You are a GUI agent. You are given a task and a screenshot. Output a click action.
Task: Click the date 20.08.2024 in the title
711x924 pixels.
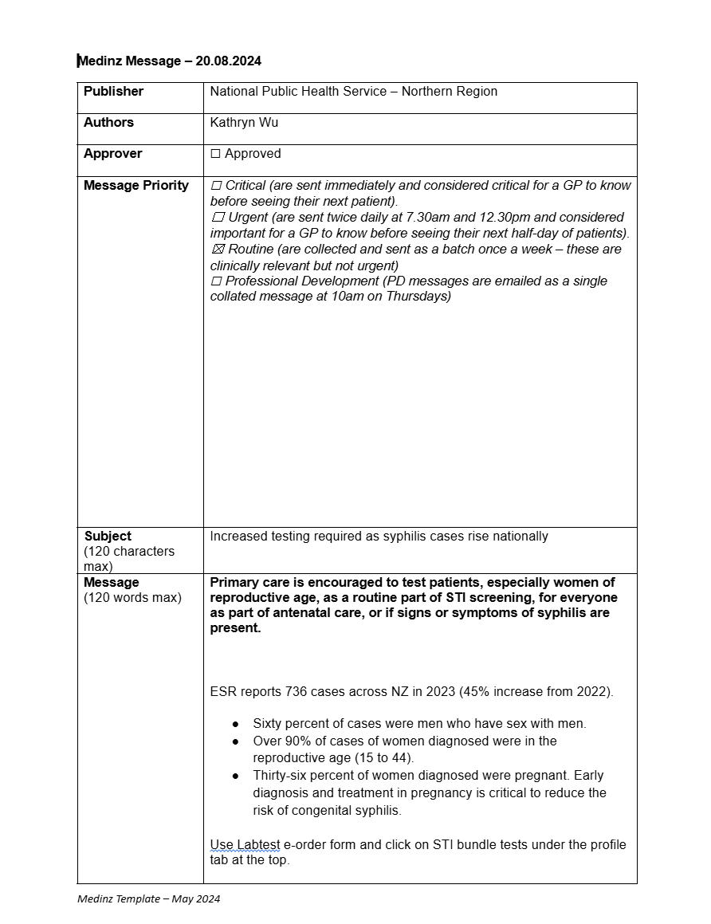click(229, 61)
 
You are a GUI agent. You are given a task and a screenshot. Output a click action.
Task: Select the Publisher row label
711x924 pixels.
click(113, 92)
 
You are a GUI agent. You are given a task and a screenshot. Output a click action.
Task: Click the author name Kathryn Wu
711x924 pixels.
click(244, 123)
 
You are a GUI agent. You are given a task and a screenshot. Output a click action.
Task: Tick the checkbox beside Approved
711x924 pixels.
click(215, 154)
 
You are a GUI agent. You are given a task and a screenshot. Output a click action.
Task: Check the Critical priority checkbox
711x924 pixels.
click(216, 186)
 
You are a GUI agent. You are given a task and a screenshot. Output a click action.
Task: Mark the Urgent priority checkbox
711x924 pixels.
click(218, 218)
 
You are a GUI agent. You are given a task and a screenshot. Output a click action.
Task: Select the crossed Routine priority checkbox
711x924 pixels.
click(218, 250)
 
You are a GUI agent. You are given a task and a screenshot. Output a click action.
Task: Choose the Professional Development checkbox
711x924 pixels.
click(216, 281)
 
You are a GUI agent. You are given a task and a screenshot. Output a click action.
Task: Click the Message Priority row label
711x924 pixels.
click(136, 186)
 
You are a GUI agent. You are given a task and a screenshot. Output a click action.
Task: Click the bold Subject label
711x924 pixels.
click(108, 537)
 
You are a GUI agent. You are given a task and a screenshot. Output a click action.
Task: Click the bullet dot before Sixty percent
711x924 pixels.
click(235, 725)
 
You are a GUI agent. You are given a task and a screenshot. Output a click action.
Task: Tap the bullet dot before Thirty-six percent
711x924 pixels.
click(235, 776)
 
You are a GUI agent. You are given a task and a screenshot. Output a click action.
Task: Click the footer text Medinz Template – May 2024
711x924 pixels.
click(149, 899)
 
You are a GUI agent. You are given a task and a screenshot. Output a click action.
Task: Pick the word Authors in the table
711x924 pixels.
click(108, 123)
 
